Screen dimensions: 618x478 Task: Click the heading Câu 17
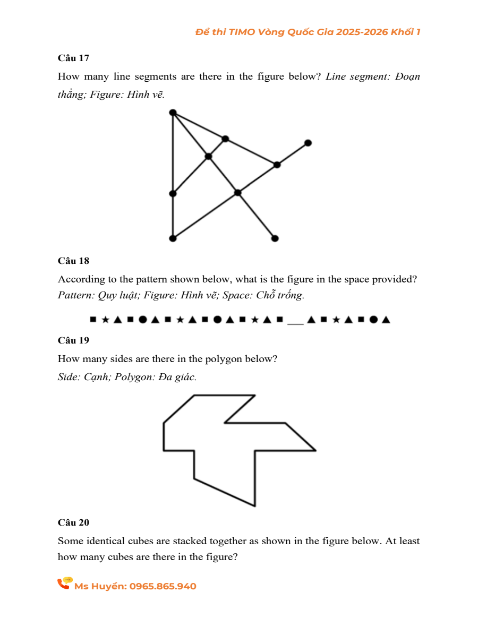[73, 58]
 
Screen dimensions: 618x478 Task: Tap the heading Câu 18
[73, 261]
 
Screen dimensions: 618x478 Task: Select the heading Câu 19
[73, 340]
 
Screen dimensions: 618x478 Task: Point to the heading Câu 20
[73, 522]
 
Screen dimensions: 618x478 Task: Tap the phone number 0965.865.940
[163, 586]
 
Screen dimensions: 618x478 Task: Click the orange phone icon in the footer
[64, 583]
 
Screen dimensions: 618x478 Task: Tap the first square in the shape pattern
[93, 320]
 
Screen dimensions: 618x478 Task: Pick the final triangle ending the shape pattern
[386, 320]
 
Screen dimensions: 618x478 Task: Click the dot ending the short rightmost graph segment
[308, 143]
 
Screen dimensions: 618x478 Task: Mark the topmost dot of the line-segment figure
[173, 112]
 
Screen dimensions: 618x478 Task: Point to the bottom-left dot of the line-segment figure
[173, 238]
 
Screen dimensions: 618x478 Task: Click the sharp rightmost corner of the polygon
[316, 450]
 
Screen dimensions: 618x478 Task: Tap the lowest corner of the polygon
[255, 506]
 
